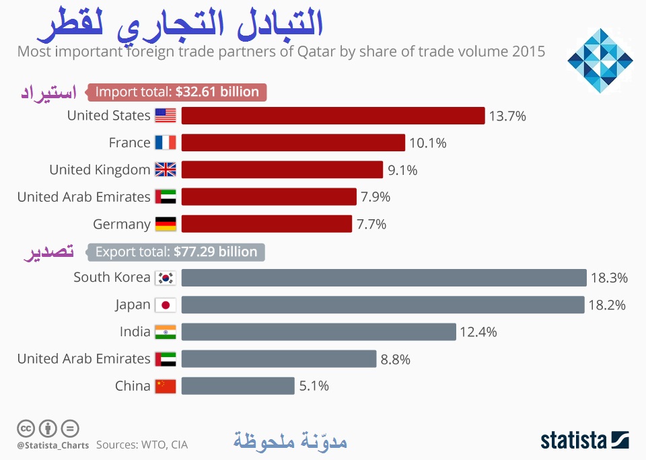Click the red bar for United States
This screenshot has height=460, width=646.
333,116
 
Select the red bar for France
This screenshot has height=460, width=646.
293,143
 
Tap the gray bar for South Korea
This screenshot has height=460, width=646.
384,278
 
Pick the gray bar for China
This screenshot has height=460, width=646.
238,386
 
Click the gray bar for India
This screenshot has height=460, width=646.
318,332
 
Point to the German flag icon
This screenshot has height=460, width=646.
166,224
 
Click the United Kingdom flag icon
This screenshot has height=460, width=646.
166,169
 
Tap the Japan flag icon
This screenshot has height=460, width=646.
166,305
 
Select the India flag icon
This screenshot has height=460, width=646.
166,332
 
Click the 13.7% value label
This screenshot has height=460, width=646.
507,116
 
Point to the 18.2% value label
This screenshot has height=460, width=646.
607,305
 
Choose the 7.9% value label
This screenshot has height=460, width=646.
375,197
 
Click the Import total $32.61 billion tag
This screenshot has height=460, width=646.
178,92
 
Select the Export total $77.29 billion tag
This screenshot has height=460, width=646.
176,252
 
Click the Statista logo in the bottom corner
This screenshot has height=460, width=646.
585,440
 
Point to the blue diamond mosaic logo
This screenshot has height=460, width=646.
600,61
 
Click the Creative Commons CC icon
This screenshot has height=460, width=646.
26,428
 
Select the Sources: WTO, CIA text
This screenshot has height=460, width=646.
142,445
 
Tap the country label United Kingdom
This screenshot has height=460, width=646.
100,169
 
